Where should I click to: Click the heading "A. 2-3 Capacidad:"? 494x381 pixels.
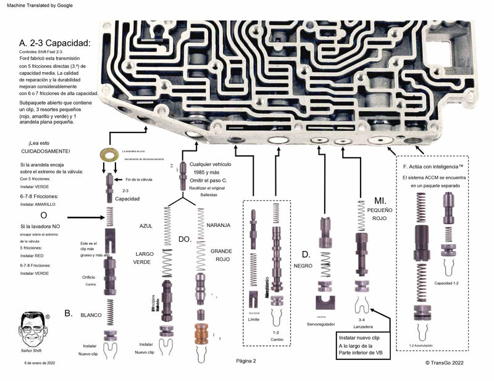(x=55, y=43)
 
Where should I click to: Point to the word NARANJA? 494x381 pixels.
(x=218, y=226)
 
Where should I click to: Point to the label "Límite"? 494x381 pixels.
(x=254, y=319)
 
